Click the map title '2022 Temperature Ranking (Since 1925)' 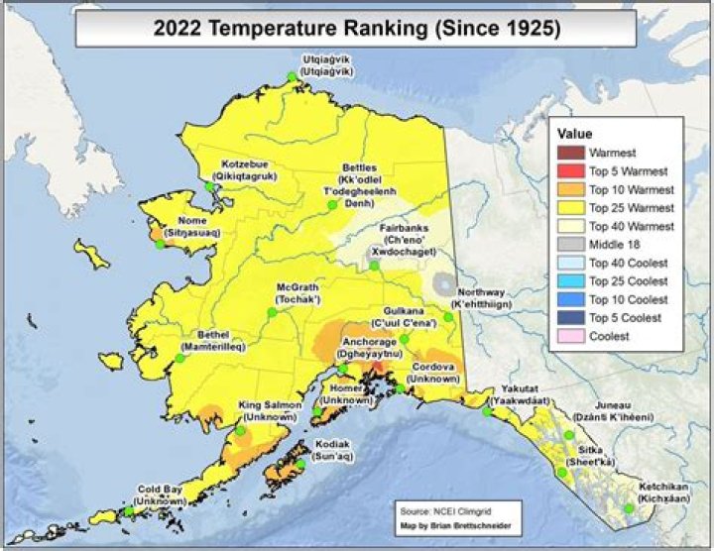click(x=357, y=29)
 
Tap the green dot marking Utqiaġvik click(x=292, y=77)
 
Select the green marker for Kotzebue click(x=210, y=186)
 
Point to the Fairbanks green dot click(x=374, y=265)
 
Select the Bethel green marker click(x=180, y=358)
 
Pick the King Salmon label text click(x=268, y=411)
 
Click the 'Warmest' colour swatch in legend click(x=570, y=153)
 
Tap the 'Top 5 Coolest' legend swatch click(x=570, y=317)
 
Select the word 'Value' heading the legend click(x=575, y=133)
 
